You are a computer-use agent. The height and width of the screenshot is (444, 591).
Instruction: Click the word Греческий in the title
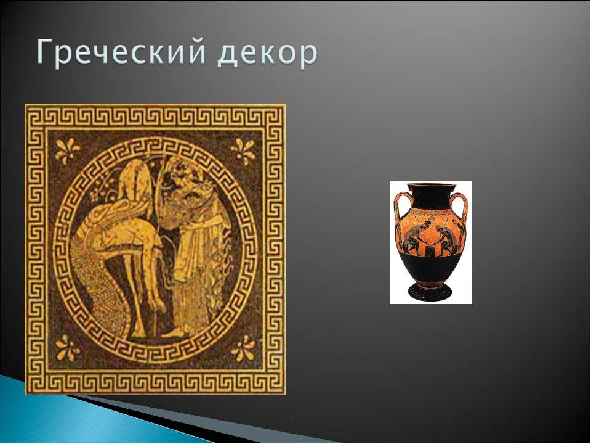[x=121, y=52]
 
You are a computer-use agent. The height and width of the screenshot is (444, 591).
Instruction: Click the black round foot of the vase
[x=430, y=292]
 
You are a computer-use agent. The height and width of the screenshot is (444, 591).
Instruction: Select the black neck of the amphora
[x=430, y=196]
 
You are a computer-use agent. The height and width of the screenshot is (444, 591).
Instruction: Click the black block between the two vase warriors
[x=430, y=249]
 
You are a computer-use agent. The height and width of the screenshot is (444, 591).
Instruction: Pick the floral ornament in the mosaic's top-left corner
[x=67, y=150]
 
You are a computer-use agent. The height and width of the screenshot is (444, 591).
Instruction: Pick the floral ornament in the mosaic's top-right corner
[x=243, y=152]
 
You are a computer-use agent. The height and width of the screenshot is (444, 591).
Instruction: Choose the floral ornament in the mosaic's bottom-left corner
[x=68, y=348]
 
